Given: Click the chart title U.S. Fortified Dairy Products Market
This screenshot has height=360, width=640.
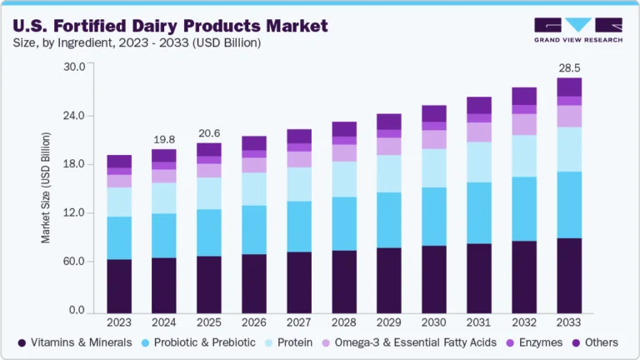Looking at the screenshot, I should (x=171, y=24).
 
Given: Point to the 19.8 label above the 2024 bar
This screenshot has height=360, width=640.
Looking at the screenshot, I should (x=164, y=138).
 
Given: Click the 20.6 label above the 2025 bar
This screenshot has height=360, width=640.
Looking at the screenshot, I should (x=208, y=132).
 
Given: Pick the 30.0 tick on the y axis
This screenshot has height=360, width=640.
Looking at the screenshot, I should (x=73, y=67).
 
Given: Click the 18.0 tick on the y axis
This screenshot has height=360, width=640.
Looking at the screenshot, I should (x=73, y=164).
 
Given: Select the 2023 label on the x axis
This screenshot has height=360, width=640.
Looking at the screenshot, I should (x=119, y=322).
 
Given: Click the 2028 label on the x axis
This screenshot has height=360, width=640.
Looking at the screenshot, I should (x=344, y=322).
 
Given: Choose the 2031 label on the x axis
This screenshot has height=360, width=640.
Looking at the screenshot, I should (x=478, y=322).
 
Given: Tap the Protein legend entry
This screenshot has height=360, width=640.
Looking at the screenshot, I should (x=289, y=342).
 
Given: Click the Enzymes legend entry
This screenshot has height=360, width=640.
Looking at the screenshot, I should (x=534, y=342).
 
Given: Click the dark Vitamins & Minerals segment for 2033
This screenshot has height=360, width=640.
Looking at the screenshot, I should (x=568, y=275).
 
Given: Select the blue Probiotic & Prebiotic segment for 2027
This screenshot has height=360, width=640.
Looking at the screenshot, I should (x=298, y=226).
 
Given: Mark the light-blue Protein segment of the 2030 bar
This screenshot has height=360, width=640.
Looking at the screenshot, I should (x=433, y=167).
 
